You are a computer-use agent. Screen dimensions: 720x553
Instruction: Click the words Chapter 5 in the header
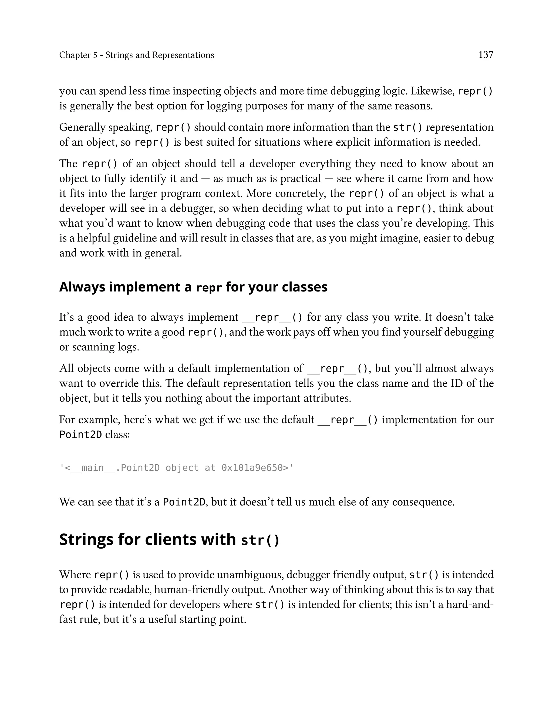78,55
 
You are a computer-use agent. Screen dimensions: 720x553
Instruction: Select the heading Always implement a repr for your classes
193,287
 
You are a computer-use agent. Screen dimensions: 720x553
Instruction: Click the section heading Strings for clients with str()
169,540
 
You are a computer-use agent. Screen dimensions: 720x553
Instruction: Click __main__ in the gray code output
93,468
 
